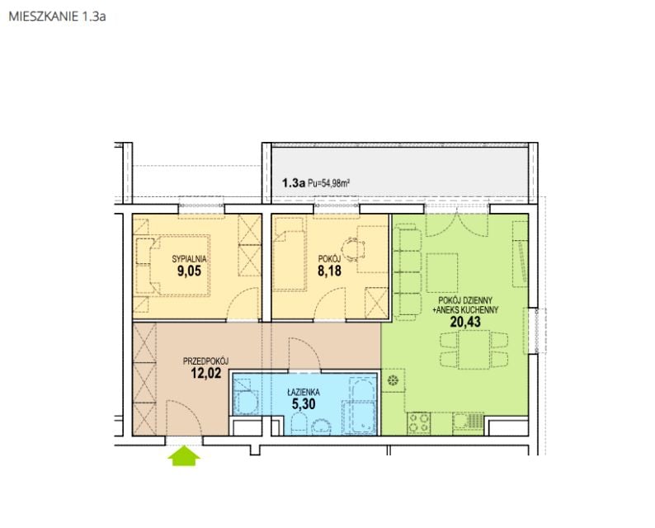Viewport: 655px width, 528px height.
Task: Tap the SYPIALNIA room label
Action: click(189, 259)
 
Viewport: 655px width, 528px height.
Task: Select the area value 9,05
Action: click(189, 271)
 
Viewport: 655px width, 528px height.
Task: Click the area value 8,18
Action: click(330, 271)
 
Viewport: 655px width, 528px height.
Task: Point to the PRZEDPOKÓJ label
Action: click(205, 361)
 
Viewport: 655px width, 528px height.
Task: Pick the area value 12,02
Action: click(206, 373)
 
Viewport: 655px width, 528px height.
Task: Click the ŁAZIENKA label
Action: click(304, 392)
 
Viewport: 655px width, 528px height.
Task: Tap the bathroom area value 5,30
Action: click(304, 404)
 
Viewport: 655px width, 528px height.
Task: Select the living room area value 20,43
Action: click(465, 322)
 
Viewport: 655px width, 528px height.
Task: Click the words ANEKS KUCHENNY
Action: click(468, 310)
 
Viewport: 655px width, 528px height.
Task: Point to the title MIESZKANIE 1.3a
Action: click(57, 16)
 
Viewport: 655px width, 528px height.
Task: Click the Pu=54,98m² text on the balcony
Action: click(329, 182)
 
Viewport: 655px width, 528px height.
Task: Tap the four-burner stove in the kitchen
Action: click(418, 422)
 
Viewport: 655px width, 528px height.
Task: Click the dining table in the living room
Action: click(474, 349)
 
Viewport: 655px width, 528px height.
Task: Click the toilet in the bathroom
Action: click(299, 423)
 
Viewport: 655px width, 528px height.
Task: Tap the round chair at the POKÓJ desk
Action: click(352, 249)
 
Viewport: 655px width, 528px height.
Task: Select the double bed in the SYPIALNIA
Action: click(180, 266)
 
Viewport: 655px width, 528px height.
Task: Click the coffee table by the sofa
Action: click(442, 272)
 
